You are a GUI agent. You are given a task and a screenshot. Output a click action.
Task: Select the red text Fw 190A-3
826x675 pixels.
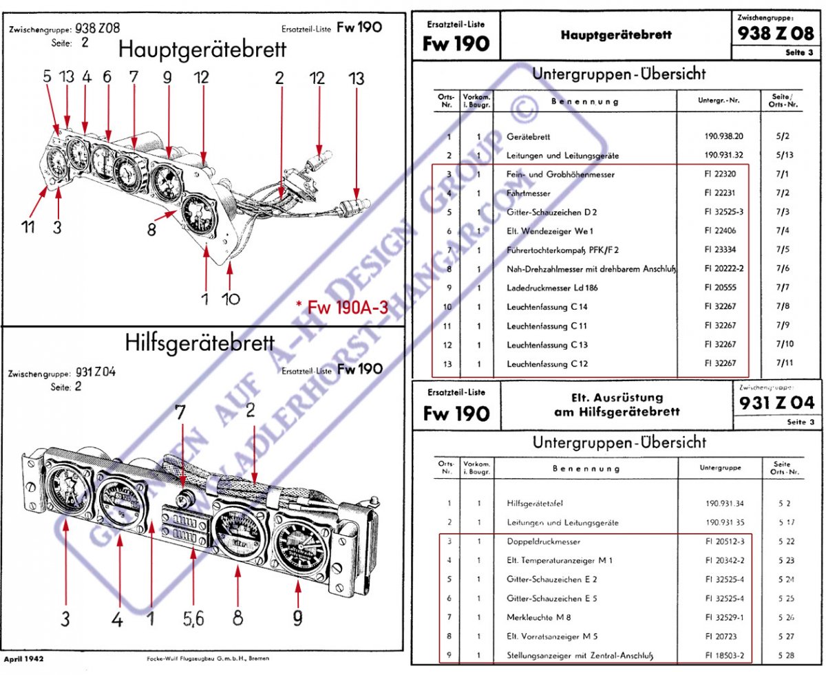tap(341, 307)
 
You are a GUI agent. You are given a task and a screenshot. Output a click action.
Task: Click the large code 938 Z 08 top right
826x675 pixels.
tap(775, 33)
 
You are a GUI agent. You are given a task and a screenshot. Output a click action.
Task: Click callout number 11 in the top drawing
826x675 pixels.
tap(28, 226)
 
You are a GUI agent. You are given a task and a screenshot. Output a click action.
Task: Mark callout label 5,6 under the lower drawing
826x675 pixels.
tap(194, 619)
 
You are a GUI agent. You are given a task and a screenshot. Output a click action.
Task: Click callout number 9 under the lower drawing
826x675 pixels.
tap(297, 619)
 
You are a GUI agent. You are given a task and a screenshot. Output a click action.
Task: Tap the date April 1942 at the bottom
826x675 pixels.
tap(24, 658)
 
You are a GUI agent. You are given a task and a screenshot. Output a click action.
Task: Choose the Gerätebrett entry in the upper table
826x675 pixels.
tap(529, 137)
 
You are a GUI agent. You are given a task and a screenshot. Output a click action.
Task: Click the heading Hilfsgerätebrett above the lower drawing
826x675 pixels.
tap(200, 342)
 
